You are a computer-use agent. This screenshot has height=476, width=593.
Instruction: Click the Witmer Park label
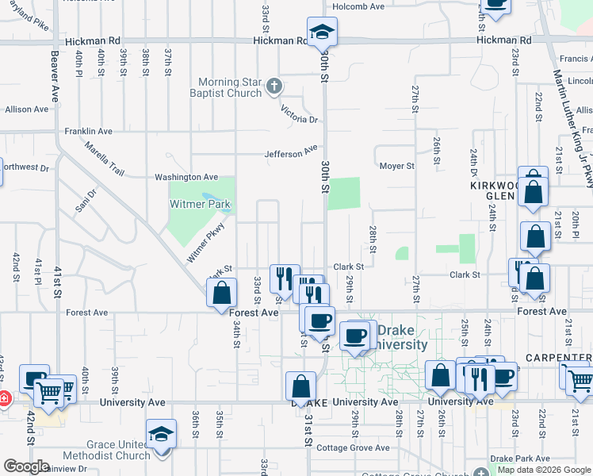coord(200,205)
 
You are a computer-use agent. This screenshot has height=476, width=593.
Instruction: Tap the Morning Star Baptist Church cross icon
coord(274,86)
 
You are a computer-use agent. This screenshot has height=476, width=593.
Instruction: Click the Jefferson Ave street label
coord(291,150)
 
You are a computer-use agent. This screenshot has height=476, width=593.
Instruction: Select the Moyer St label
coord(396,166)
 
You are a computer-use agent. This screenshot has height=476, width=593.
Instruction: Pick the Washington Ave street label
coord(191,177)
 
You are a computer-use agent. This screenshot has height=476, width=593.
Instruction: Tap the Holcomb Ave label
coord(358,6)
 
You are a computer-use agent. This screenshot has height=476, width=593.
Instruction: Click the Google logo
coord(27,466)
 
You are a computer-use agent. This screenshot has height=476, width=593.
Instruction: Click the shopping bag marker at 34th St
coord(221,293)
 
